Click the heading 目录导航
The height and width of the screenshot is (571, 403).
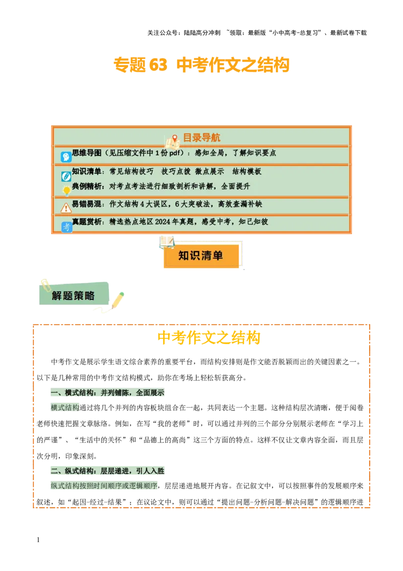[201, 138]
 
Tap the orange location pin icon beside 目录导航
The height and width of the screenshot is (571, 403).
[175, 138]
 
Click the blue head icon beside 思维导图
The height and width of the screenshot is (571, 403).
[66, 157]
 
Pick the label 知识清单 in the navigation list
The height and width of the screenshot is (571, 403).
[87, 172]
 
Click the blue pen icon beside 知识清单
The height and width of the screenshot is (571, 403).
[66, 177]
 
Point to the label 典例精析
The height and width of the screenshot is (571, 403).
[87, 186]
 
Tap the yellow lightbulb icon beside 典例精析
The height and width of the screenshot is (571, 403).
[66, 191]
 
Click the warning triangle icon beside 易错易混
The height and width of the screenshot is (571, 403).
[66, 207]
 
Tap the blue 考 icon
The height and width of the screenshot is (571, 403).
[66, 227]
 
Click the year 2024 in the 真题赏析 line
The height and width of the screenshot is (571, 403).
[163, 221]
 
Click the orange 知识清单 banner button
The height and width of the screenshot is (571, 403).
[201, 256]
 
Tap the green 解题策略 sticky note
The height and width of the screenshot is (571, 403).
[74, 296]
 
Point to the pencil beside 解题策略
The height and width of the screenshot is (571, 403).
[117, 300]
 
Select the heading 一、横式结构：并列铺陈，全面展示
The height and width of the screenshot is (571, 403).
[107, 393]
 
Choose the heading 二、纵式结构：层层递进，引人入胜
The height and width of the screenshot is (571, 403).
[107, 471]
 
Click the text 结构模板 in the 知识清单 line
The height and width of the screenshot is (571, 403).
[247, 172]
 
